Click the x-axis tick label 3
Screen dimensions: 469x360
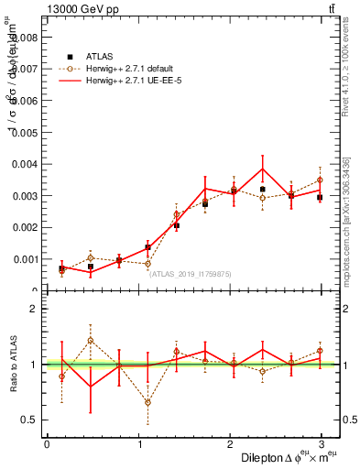pos(320,443)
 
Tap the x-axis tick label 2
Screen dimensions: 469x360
pos(229,443)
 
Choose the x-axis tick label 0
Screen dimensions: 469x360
pos(47,443)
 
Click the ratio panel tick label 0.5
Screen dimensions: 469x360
pos(29,420)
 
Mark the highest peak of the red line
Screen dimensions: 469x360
pos(263,169)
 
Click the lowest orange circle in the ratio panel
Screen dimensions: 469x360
pos(147,402)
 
